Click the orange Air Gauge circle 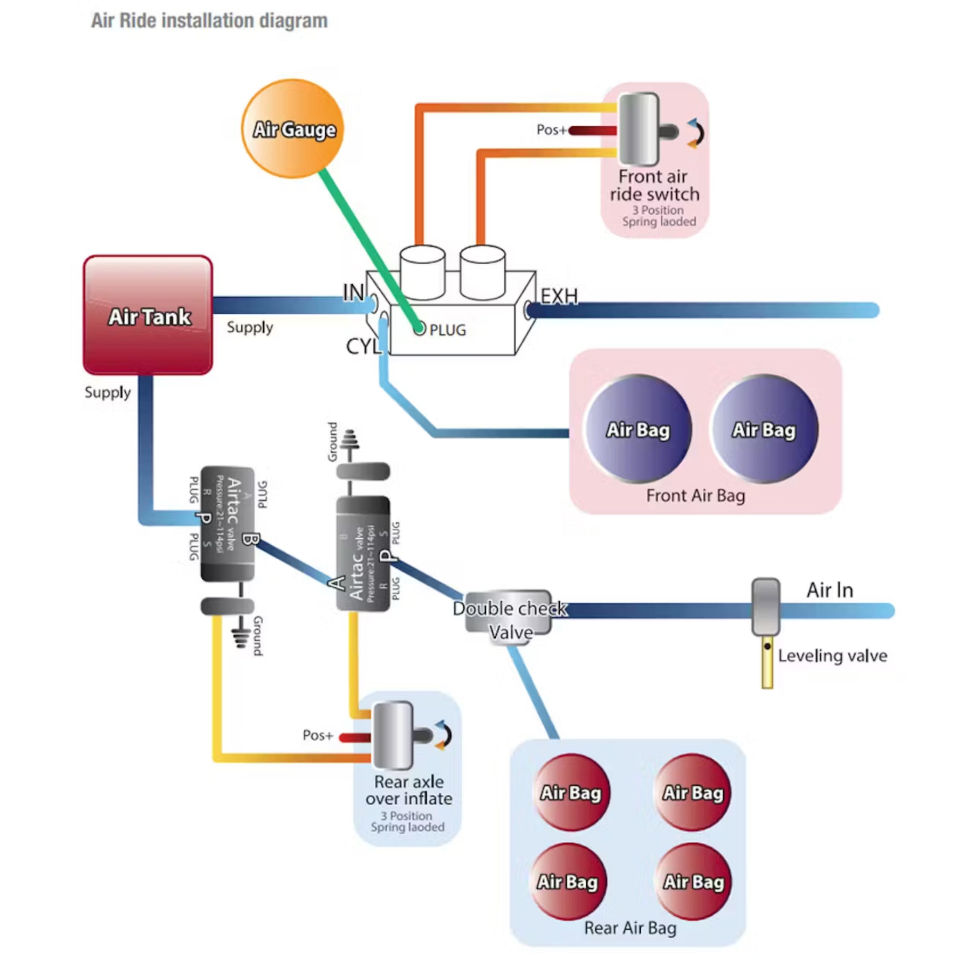(x=293, y=128)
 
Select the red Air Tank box (x=148, y=315)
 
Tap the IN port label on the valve (x=353, y=293)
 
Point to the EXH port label (x=559, y=297)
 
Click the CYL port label (x=363, y=346)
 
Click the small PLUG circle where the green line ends (x=419, y=328)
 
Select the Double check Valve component (x=509, y=614)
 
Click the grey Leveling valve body (x=765, y=607)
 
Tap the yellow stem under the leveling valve (x=767, y=663)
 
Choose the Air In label (x=830, y=591)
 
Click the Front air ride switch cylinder (x=639, y=129)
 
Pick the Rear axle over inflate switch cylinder (x=393, y=735)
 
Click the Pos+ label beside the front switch (x=551, y=130)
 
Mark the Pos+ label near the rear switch (x=317, y=736)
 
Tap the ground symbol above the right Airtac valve (x=349, y=440)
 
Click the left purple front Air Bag (x=638, y=429)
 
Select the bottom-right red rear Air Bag (x=693, y=882)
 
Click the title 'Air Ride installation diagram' (x=209, y=20)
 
